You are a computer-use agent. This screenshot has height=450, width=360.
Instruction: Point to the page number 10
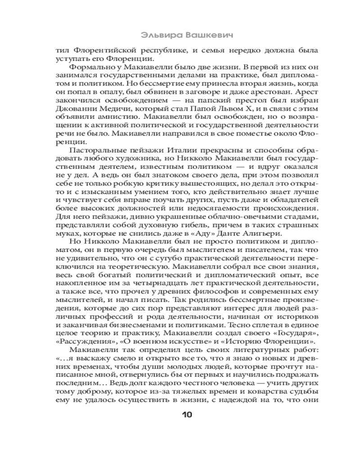(x=186, y=414)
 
